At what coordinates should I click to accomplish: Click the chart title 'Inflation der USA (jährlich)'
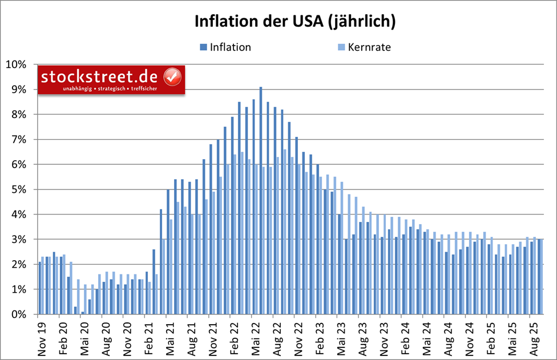(x=295, y=21)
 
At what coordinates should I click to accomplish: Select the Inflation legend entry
(x=225, y=47)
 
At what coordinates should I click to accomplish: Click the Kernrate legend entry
(x=364, y=47)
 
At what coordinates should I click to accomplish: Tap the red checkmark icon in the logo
(x=172, y=76)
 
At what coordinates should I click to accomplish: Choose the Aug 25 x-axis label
(x=534, y=337)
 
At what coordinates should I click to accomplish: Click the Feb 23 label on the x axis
(x=321, y=337)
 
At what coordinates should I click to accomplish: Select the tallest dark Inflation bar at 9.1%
(x=261, y=200)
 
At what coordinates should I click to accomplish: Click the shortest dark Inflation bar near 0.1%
(x=82, y=313)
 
